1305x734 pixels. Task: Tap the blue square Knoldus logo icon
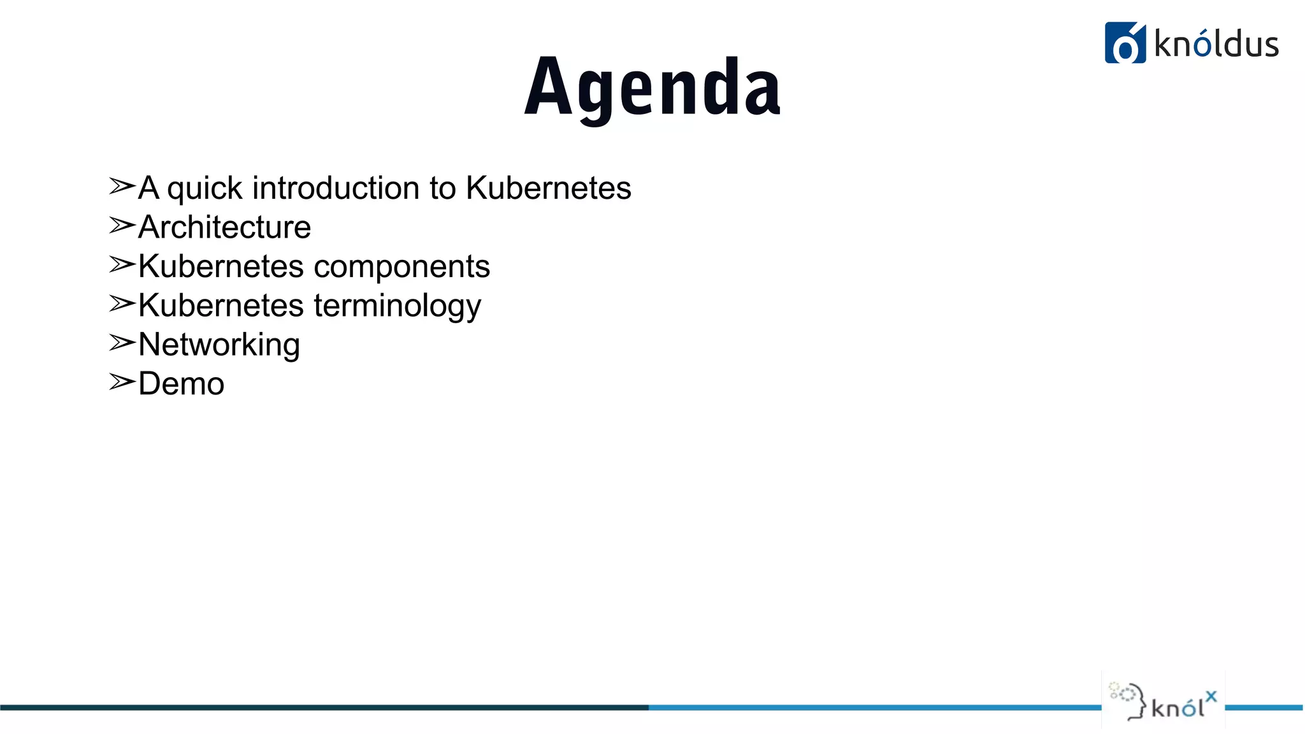coord(1125,43)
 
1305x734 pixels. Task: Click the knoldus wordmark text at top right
coord(1216,45)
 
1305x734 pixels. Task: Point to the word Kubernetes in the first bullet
coord(548,188)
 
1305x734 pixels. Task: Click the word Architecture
coord(224,227)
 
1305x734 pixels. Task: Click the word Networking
coord(219,345)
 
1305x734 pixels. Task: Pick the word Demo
coord(181,384)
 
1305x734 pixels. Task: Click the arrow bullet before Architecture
coord(122,226)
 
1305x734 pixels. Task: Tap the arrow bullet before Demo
coord(122,382)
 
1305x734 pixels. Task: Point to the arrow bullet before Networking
coord(122,343)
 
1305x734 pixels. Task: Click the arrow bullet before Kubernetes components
coord(122,264)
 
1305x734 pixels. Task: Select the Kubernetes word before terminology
coord(221,305)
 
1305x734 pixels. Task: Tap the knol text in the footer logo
coord(1178,708)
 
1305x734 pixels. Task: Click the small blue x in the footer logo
coord(1211,696)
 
